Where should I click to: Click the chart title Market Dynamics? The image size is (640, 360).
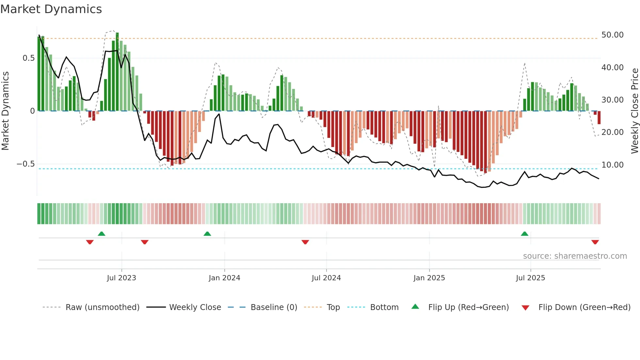(x=51, y=9)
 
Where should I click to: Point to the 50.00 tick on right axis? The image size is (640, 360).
(x=612, y=35)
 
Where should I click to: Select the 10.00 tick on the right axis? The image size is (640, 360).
(x=612, y=165)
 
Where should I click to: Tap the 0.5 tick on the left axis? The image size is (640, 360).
(x=28, y=58)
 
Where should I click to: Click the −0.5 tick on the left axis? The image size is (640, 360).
(x=26, y=164)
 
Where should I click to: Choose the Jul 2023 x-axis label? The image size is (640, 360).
(x=121, y=278)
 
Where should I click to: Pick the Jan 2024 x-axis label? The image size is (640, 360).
(x=224, y=278)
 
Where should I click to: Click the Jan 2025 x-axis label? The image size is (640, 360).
(x=429, y=278)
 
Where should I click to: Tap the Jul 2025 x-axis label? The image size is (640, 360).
(x=530, y=278)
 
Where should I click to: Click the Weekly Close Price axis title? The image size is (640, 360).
(x=634, y=111)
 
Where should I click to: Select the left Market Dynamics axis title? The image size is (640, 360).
(x=5, y=111)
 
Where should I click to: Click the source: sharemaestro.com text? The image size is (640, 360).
(x=575, y=256)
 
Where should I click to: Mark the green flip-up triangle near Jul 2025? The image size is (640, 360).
(x=524, y=234)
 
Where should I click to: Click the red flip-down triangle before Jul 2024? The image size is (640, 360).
(x=305, y=242)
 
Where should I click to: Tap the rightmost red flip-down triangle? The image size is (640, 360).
(x=595, y=242)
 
